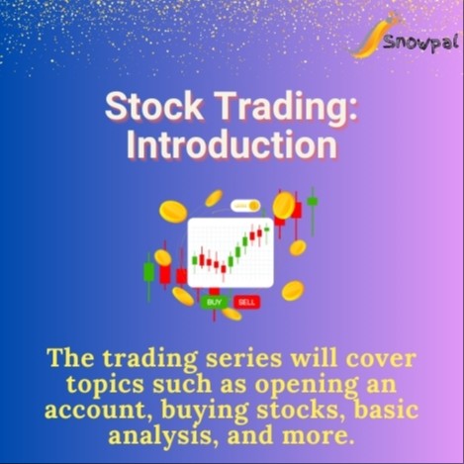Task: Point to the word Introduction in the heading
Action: coord(232,144)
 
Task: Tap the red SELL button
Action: coord(246,301)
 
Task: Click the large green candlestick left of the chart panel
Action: coord(149,269)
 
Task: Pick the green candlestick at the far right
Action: coord(313,201)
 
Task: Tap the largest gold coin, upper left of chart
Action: coord(173,211)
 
